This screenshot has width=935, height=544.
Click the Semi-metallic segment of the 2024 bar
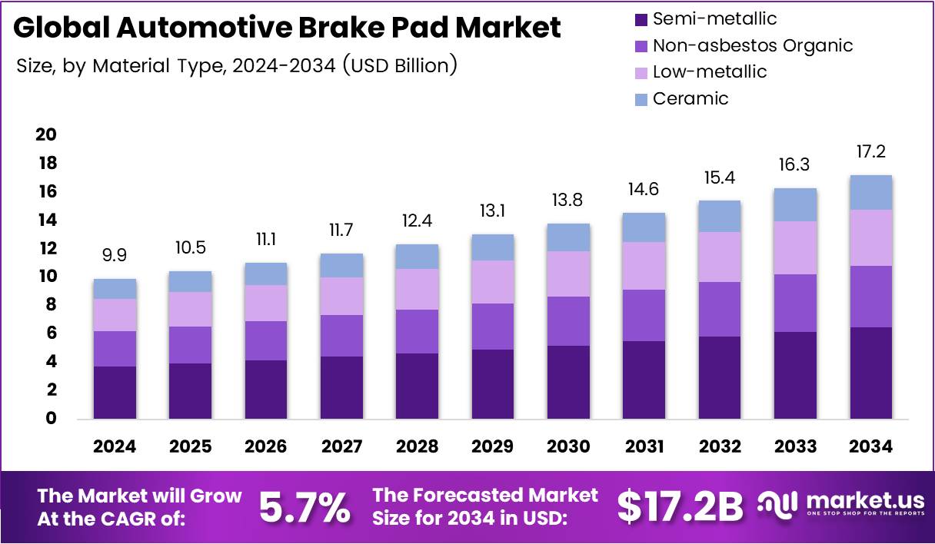pyautogui.click(x=115, y=392)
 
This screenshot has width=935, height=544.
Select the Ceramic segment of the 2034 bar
pyautogui.click(x=871, y=192)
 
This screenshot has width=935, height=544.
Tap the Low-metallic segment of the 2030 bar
pyautogui.click(x=568, y=274)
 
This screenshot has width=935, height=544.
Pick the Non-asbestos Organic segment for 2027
pyautogui.click(x=341, y=335)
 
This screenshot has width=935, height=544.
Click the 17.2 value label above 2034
pyautogui.click(x=871, y=151)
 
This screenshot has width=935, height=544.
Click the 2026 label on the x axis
pyautogui.click(x=266, y=446)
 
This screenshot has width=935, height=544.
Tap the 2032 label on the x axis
pyautogui.click(x=720, y=446)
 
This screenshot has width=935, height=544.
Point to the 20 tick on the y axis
pyautogui.click(x=46, y=134)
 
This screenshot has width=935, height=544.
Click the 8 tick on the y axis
pyautogui.click(x=51, y=305)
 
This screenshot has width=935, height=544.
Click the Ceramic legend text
pyautogui.click(x=690, y=98)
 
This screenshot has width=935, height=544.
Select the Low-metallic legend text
pyautogui.click(x=709, y=71)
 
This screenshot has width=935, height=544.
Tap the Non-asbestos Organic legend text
pyautogui.click(x=752, y=45)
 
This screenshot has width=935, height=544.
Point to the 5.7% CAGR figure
pyautogui.click(x=304, y=507)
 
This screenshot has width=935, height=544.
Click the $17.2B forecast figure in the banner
pyautogui.click(x=680, y=506)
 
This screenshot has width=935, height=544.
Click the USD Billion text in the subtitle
pyautogui.click(x=400, y=65)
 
